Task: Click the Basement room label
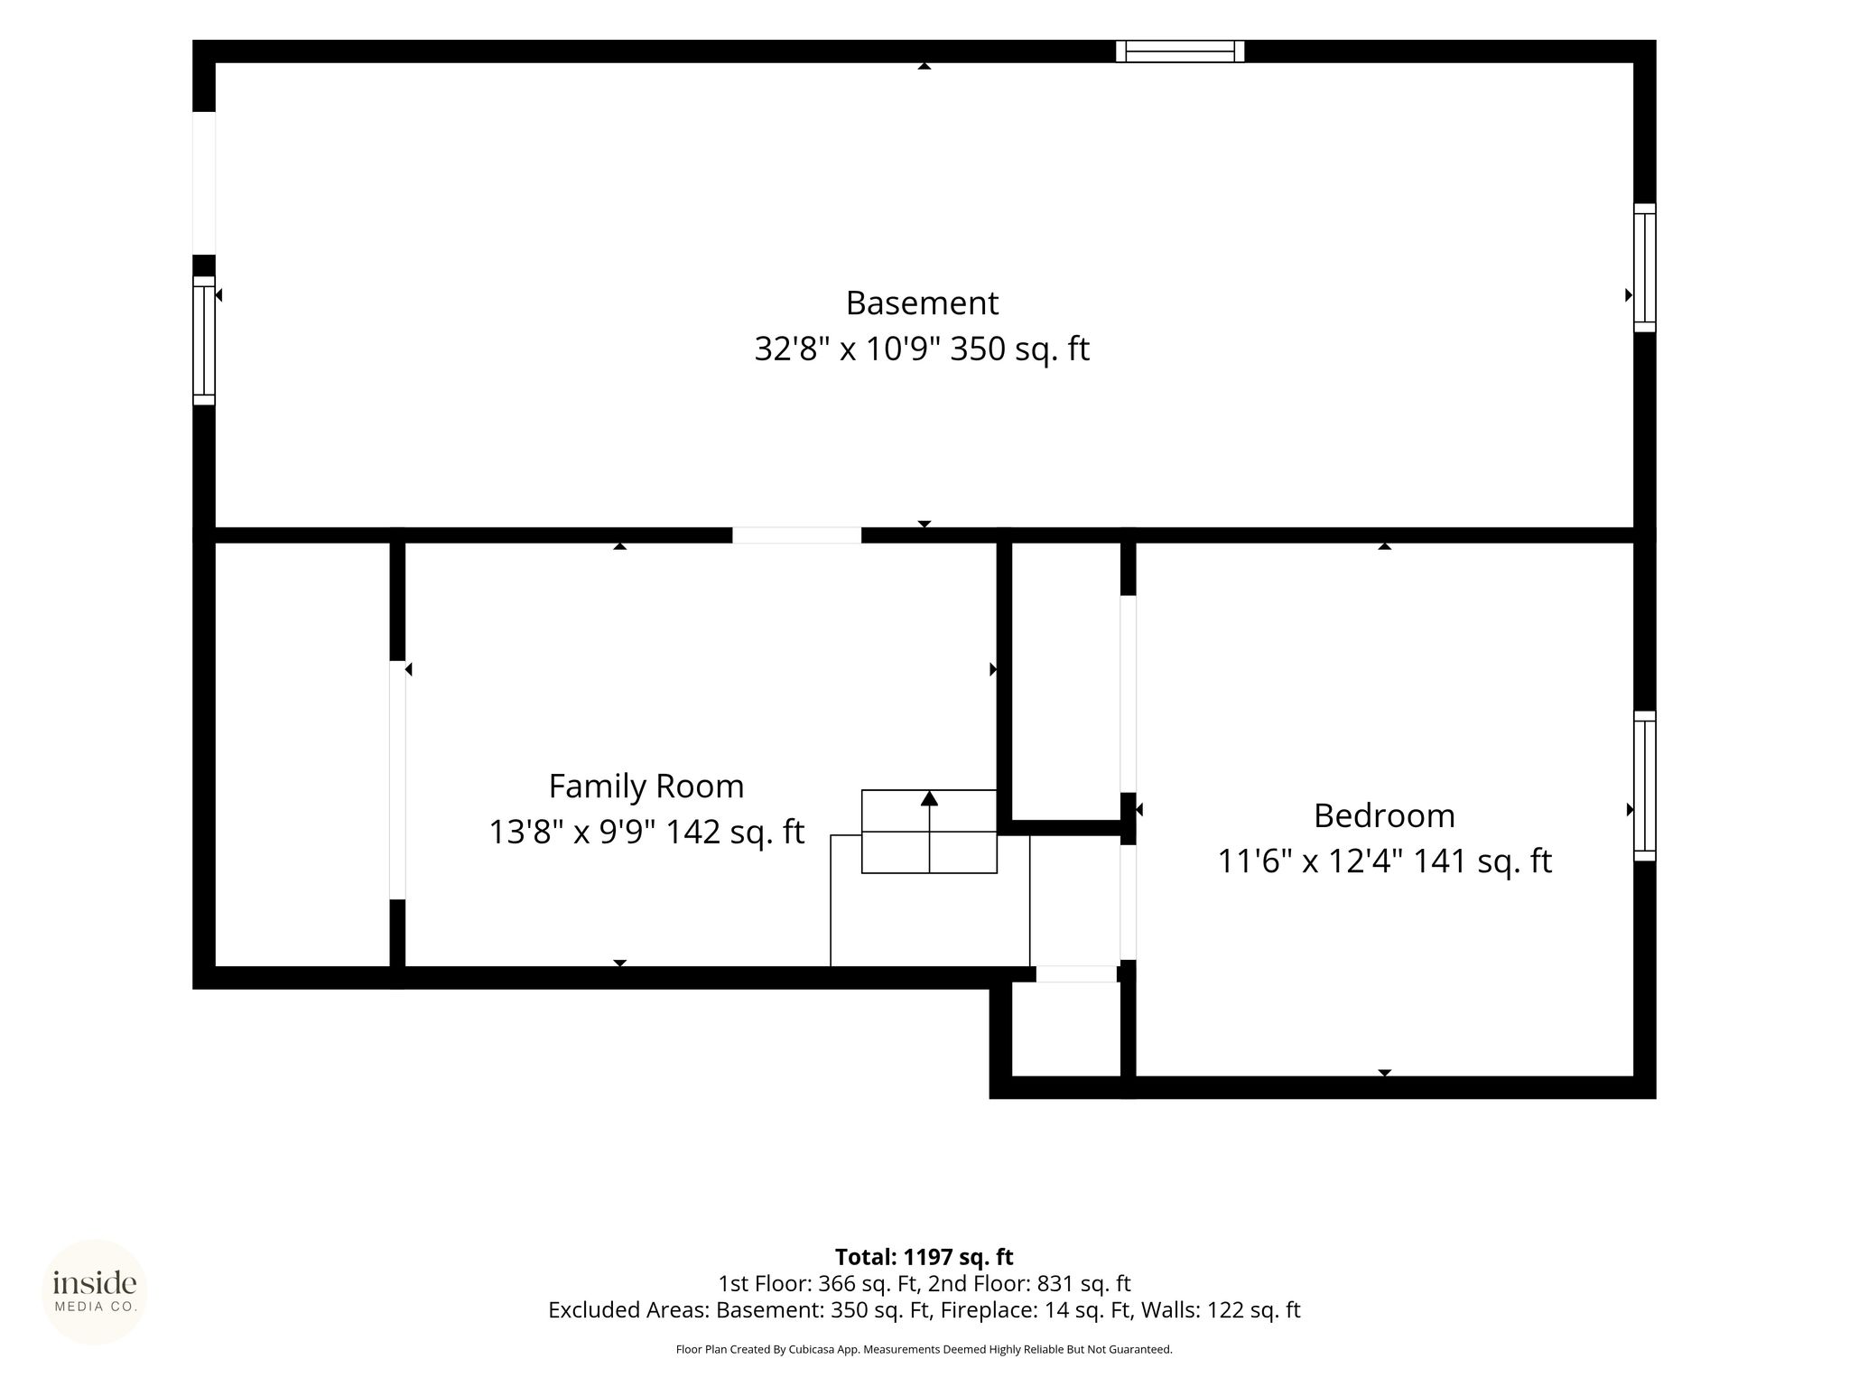click(x=922, y=303)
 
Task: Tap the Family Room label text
click(x=646, y=787)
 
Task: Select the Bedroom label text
click(x=1384, y=815)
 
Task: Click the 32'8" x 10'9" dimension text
click(x=850, y=349)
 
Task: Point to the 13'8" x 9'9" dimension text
click(x=573, y=832)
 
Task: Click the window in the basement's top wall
click(x=1180, y=51)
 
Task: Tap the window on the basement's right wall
click(x=1645, y=267)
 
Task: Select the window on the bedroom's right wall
click(x=1645, y=786)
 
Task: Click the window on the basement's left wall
click(x=204, y=340)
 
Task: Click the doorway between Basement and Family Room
click(x=796, y=535)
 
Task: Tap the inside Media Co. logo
click(x=95, y=1291)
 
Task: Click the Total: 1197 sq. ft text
click(x=924, y=1257)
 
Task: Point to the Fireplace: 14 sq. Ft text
click(x=1036, y=1310)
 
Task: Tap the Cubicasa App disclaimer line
click(x=924, y=1350)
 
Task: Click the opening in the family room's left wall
click(x=397, y=780)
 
